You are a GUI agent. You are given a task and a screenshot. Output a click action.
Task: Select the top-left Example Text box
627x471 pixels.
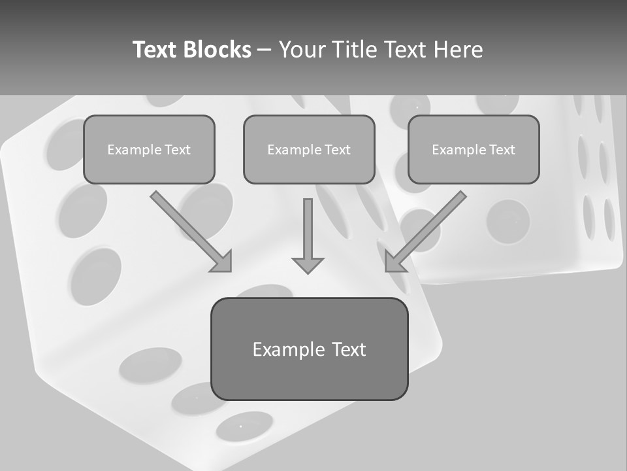point(149,149)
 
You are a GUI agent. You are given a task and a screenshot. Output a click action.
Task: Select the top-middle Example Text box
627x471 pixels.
point(309,149)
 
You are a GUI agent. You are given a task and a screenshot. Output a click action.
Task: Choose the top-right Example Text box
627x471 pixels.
point(474,149)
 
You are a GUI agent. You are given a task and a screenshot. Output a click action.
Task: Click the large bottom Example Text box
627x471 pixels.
point(309,349)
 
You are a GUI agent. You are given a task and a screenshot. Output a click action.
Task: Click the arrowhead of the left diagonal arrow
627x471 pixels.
point(222,262)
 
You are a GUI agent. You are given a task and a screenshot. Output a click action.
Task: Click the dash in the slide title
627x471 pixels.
point(265,50)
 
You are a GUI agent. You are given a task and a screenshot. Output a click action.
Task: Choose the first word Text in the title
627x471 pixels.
point(154,50)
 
